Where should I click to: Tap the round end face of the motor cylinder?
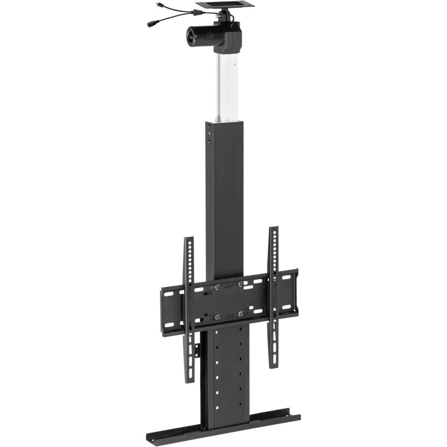[x=190, y=35]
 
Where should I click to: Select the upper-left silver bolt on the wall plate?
[x=217, y=287]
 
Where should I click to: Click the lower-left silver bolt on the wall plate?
[x=217, y=318]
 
